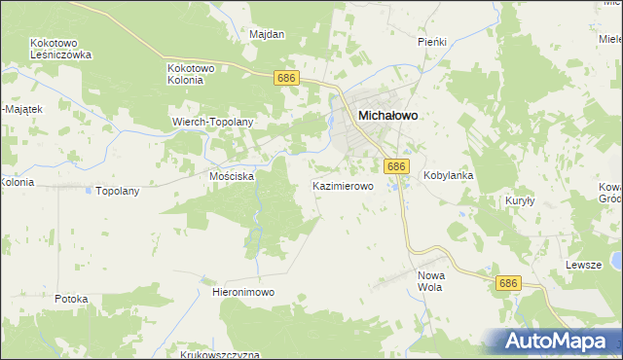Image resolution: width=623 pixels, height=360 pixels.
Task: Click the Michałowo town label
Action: pos(388,115)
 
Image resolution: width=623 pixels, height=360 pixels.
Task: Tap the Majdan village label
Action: pos(267,34)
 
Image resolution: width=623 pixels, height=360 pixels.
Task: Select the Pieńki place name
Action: pos(431,42)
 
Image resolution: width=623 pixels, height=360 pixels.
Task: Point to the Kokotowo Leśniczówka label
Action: pos(60,49)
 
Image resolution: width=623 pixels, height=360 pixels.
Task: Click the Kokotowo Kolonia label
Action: pos(199,74)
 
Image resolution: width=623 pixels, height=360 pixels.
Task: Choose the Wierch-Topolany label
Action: pos(212,122)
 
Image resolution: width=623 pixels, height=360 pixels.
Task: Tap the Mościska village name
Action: pos(232,176)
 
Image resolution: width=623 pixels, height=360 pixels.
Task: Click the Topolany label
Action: pos(118,191)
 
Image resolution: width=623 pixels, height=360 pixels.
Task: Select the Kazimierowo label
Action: pos(343,185)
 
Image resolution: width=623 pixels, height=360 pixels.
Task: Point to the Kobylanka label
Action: pos(448,176)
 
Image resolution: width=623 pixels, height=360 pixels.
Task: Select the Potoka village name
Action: pos(72,299)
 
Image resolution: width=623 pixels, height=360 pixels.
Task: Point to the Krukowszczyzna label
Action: pos(219,354)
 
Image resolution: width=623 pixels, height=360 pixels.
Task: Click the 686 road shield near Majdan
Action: pos(285,78)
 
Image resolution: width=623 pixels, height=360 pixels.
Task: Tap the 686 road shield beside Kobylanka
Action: pos(395,167)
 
